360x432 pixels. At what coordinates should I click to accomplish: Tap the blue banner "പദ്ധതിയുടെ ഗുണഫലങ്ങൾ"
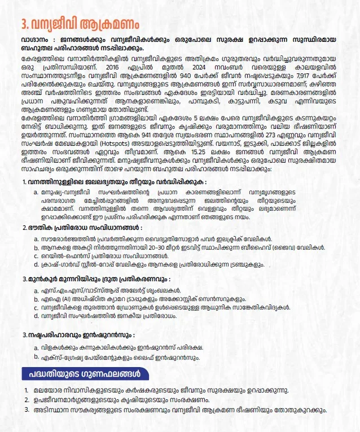tap(85, 374)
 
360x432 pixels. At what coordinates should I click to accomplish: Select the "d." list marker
tap(37, 316)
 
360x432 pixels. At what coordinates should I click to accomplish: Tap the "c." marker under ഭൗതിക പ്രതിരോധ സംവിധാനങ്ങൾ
tap(37, 255)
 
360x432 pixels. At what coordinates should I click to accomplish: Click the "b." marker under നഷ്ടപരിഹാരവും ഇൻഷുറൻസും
tap(37, 357)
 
